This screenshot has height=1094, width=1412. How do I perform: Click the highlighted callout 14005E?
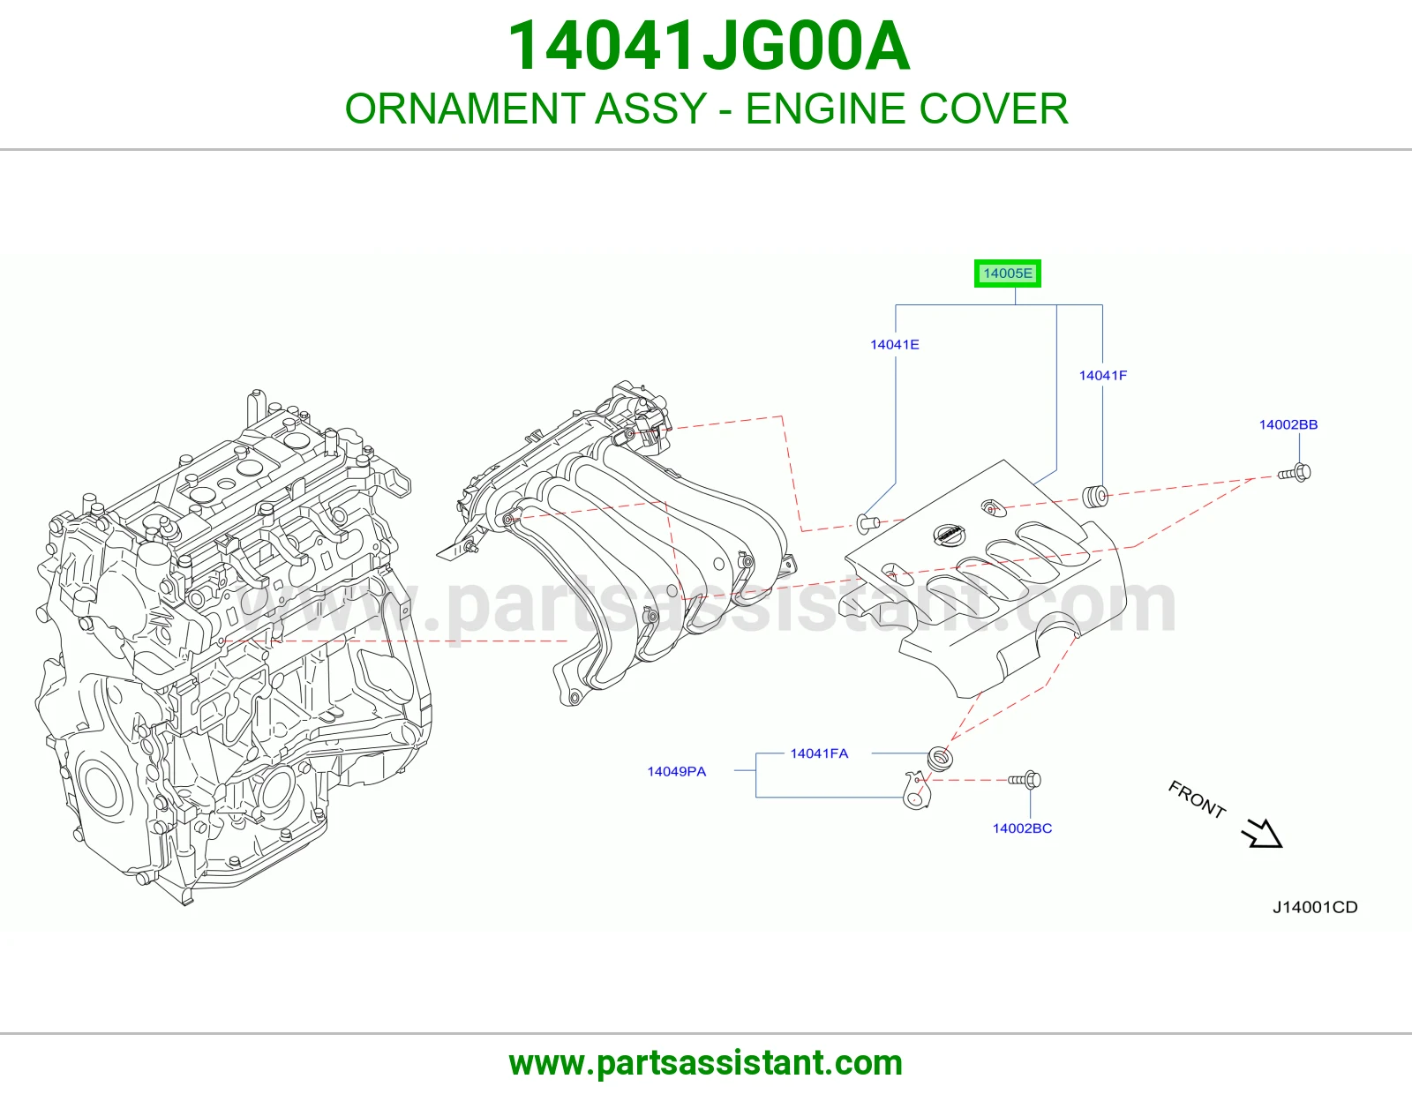tap(1007, 273)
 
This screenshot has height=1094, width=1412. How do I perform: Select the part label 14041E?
tap(895, 345)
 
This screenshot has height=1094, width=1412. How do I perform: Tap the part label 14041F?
tap(1103, 376)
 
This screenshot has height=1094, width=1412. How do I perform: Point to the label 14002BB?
tap(1288, 425)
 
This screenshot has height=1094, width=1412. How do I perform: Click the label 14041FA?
tap(819, 753)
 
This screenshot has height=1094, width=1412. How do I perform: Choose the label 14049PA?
tap(676, 772)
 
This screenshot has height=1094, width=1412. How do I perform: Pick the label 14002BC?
tap(1022, 828)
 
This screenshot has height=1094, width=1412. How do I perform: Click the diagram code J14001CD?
tap(1315, 907)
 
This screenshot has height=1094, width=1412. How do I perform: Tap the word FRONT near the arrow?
tap(1197, 799)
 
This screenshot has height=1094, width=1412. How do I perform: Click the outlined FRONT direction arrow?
tap(1264, 834)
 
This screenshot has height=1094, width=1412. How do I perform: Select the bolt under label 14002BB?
tap(1295, 473)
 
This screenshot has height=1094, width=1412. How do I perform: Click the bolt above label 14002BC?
tap(1025, 780)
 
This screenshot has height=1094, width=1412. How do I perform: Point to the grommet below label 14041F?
tap(1095, 496)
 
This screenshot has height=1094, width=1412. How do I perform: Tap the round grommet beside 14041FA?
tap(940, 759)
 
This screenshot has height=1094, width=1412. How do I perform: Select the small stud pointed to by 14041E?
tap(867, 522)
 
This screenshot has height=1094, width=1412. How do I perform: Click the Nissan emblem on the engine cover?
tap(948, 534)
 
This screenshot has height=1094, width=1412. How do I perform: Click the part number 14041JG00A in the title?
tap(709, 46)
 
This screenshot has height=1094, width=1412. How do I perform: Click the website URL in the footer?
tap(706, 1063)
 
